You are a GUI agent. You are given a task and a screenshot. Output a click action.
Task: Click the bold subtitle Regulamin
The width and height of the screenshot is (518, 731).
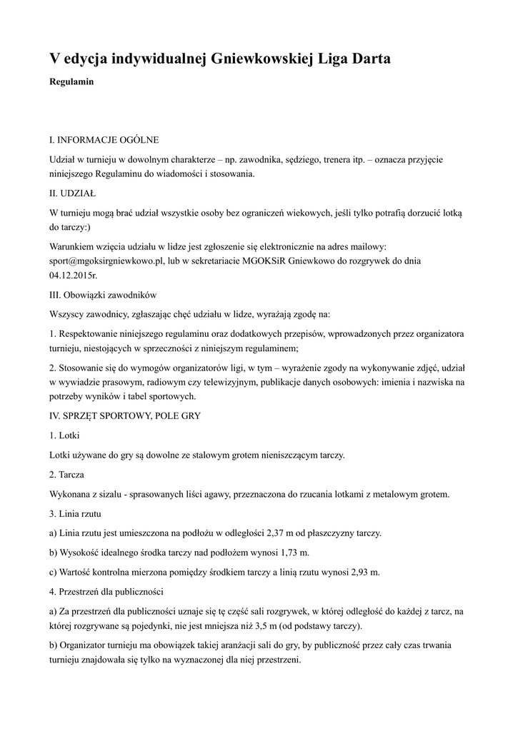(x=72, y=82)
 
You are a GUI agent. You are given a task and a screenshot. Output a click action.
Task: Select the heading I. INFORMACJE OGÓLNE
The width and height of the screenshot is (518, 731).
(x=104, y=139)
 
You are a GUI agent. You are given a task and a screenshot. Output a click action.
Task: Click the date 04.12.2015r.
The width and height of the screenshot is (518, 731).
(x=74, y=275)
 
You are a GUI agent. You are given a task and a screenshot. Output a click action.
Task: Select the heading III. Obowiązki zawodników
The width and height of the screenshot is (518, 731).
(x=108, y=295)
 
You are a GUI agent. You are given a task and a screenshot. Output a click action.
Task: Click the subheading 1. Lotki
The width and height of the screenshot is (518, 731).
(x=65, y=435)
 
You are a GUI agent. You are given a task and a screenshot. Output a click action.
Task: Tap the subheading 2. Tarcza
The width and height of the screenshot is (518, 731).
(x=68, y=473)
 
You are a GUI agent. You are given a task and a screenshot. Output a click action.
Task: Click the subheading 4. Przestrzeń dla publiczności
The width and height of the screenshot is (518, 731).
(x=107, y=593)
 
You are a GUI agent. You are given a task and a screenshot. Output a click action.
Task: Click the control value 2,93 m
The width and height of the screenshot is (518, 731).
(x=362, y=573)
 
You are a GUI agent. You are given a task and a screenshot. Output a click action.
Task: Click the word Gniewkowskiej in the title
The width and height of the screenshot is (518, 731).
(x=257, y=59)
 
